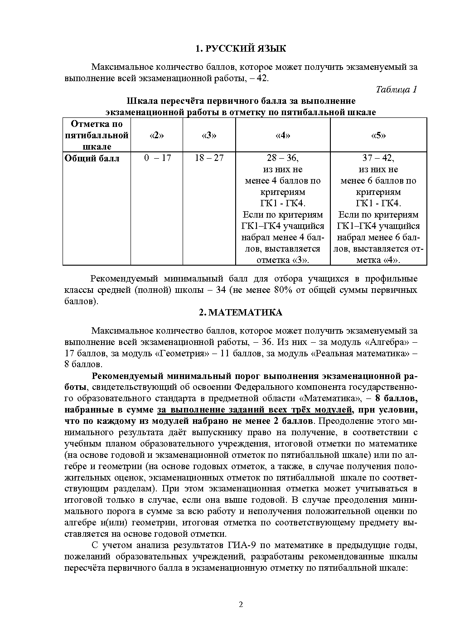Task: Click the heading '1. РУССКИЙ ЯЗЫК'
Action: (x=241, y=49)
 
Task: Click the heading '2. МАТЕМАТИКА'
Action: (x=241, y=312)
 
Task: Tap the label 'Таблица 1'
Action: (x=397, y=89)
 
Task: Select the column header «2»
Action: (x=156, y=135)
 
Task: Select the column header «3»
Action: (x=209, y=135)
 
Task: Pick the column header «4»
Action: (x=283, y=135)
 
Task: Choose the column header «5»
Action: (x=378, y=135)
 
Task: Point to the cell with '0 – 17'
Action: (x=157, y=158)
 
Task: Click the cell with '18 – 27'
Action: (x=209, y=158)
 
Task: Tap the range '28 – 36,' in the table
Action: (x=283, y=158)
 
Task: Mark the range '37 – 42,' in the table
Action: (x=378, y=158)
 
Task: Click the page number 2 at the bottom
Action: (x=241, y=604)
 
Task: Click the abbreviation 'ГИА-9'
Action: (x=247, y=544)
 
